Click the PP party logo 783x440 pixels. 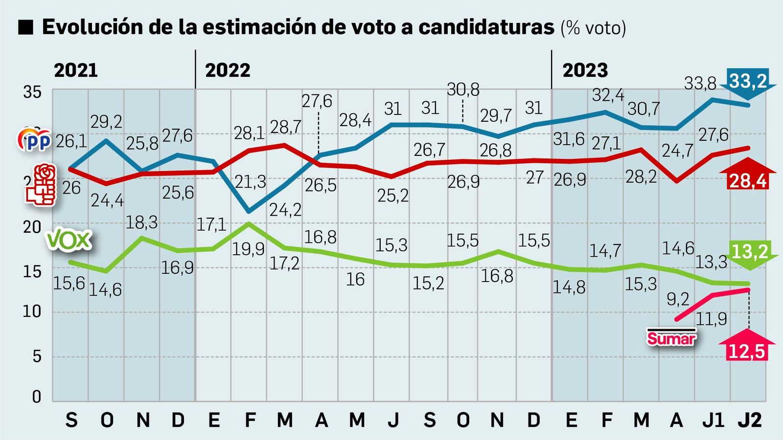point(34,140)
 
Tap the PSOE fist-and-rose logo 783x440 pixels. point(42,184)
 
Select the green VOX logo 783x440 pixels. point(69,240)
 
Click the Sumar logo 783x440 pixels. point(671,337)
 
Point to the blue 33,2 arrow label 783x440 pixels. point(748,81)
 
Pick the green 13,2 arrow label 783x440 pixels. point(749,253)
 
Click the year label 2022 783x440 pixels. point(228,70)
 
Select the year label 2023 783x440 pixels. point(585,70)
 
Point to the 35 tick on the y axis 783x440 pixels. point(33,92)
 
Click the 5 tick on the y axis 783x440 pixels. point(37,356)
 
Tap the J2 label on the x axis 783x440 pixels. point(749,420)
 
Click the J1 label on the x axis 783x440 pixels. point(713,420)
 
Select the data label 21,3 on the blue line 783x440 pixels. point(250,182)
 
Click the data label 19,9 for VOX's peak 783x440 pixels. point(248,249)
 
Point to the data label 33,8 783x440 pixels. point(700,84)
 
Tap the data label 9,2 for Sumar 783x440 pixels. point(678,299)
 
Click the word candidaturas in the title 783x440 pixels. point(486,27)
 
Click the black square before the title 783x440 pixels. point(25,27)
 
